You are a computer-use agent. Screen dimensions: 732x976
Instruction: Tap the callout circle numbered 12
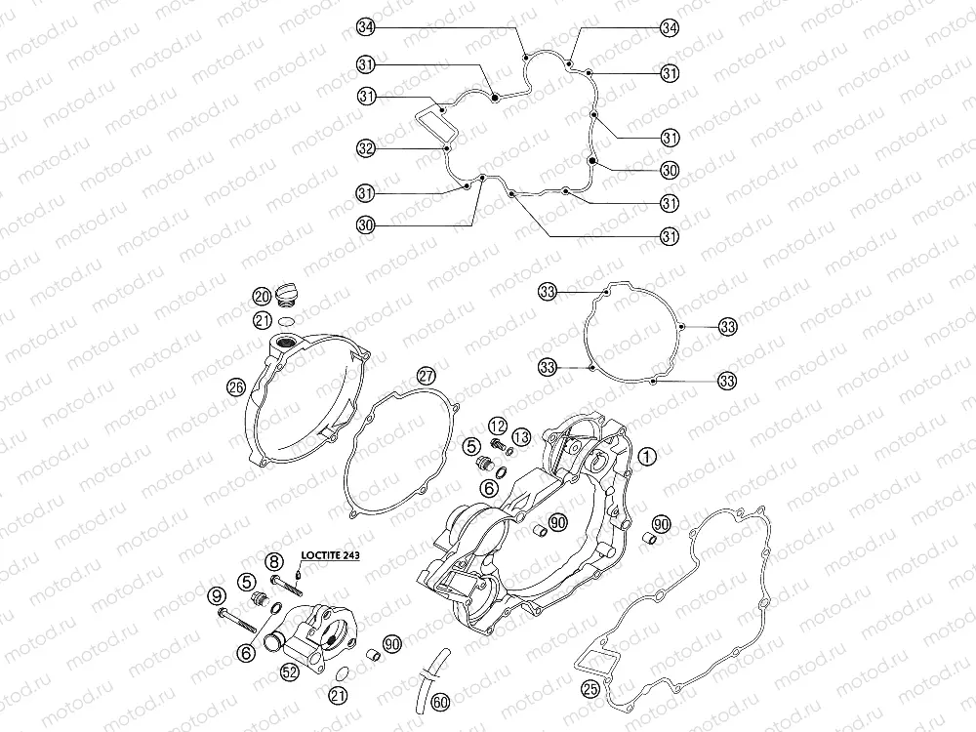[498, 425]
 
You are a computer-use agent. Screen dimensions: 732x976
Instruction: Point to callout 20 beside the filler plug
[261, 296]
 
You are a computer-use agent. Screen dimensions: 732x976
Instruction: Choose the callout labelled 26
[234, 386]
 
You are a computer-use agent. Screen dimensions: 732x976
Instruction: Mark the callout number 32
[366, 148]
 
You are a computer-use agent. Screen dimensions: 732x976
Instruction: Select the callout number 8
[274, 561]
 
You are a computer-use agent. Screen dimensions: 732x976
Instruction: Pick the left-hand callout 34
[366, 28]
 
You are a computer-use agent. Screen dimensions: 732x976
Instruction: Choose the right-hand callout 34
[669, 28]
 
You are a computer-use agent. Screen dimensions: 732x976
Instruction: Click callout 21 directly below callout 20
[261, 320]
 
